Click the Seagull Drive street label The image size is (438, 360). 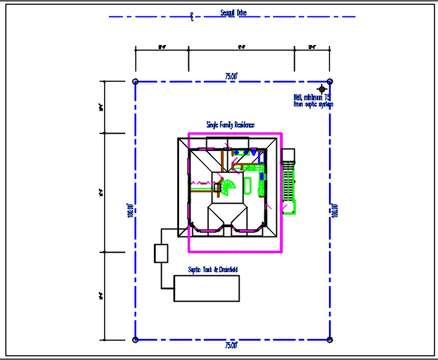point(234,12)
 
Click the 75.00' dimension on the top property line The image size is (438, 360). point(231,76)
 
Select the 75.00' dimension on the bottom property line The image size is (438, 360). point(231,344)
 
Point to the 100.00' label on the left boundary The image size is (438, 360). point(130,211)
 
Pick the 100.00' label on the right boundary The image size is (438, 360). point(335,211)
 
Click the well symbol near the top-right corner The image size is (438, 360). point(322,89)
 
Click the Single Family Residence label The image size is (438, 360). point(230,124)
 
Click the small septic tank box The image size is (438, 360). point(161,253)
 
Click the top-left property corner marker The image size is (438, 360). point(136,81)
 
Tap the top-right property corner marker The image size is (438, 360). point(330,81)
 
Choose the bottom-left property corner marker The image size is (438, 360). point(136,340)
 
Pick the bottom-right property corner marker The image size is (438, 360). point(330,340)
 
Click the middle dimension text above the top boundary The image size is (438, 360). point(241,47)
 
